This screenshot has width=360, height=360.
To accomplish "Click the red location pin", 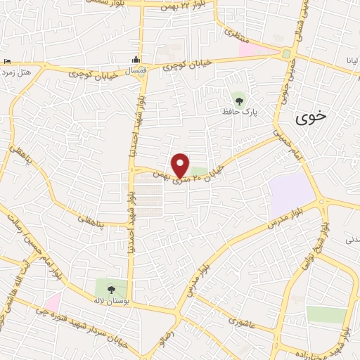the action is coord(181,165).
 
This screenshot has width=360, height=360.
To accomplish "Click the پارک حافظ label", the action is coord(247,111).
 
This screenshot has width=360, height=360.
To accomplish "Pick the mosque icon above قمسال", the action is coord(136,58).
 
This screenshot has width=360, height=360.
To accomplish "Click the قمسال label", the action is coord(135,71).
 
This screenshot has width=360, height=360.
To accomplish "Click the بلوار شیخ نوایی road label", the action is coord(327,240).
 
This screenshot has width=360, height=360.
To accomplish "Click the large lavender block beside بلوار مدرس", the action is coord(291,193).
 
